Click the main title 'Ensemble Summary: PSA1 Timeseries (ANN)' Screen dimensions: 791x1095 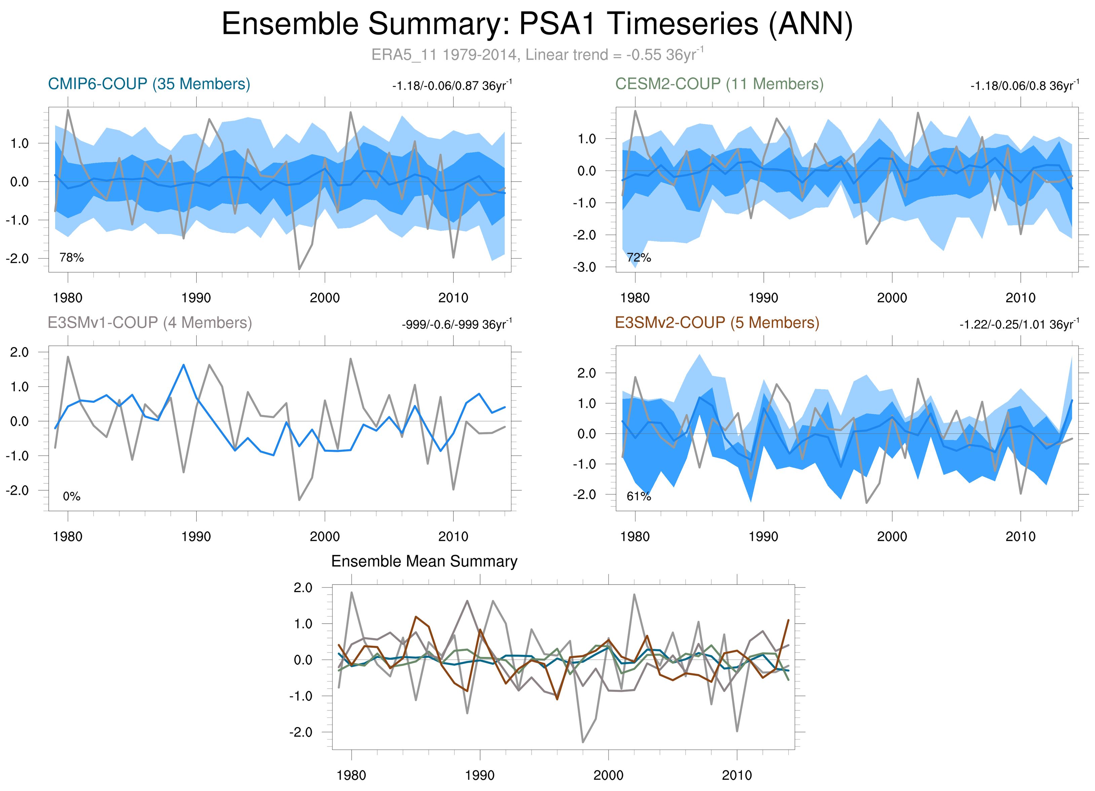point(537,24)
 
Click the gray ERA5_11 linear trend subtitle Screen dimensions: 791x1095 point(537,54)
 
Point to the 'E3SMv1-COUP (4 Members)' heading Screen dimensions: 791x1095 point(150,322)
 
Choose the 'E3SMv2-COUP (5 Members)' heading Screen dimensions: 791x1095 point(717,322)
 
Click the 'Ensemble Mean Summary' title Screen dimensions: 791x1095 point(424,561)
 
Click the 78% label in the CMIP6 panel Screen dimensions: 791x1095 point(72,258)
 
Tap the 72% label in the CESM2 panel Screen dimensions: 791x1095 point(639,258)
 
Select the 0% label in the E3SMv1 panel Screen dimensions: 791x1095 point(72,496)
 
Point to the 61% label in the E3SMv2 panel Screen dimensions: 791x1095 point(639,496)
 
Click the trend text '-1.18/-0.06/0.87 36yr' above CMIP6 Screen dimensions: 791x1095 point(452,86)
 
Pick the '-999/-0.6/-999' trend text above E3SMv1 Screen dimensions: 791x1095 point(456,324)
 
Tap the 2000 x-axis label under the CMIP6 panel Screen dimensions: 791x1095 point(324,298)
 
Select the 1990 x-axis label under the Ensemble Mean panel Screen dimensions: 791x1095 point(479,775)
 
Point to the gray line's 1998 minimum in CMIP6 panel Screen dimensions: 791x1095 point(299,269)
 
